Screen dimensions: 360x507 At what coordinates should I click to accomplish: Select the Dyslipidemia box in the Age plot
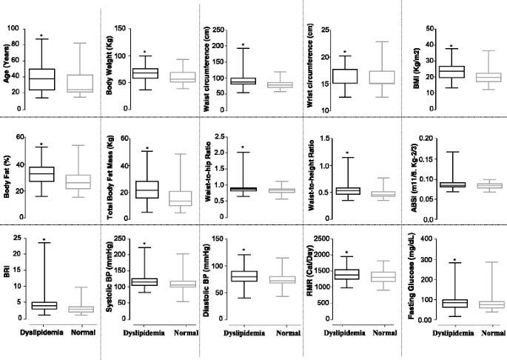[41, 79]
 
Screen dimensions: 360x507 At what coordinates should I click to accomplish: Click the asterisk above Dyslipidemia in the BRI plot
[42, 240]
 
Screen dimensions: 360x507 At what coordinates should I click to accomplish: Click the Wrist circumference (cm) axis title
[311, 64]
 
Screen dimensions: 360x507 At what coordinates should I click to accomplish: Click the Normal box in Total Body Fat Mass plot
[181, 199]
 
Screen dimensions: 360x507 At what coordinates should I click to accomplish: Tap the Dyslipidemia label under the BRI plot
[41, 333]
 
